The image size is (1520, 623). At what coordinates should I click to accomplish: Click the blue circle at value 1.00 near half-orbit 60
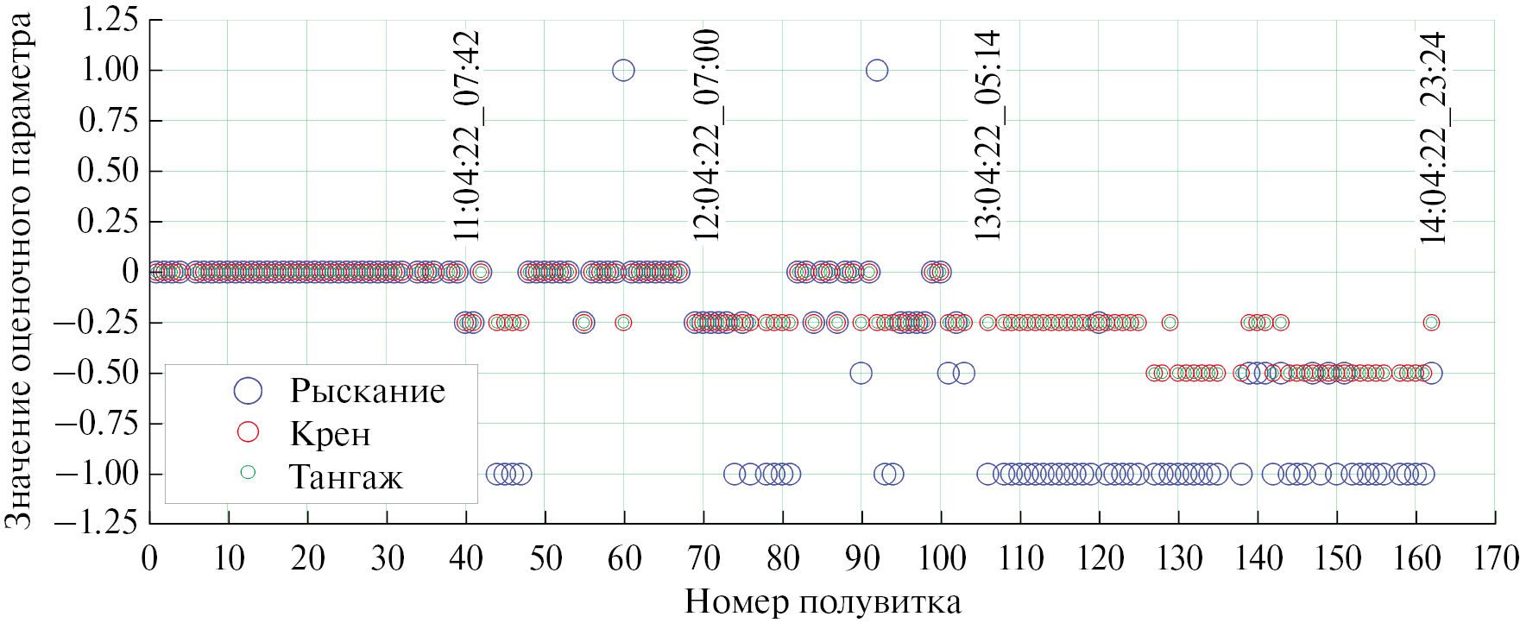(x=623, y=70)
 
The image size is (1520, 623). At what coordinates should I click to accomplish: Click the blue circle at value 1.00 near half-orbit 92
(x=877, y=70)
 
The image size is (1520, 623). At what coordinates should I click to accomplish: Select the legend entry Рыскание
(x=367, y=391)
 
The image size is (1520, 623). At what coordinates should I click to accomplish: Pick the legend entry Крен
(x=330, y=433)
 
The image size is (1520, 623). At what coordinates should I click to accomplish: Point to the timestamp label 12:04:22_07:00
(x=706, y=135)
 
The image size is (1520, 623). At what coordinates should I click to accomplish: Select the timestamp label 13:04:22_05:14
(x=987, y=135)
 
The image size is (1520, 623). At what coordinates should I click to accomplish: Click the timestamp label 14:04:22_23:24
(x=1433, y=138)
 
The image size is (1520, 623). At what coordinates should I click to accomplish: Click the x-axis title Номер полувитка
(x=823, y=601)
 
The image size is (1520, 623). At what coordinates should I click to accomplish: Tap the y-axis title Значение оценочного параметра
(x=19, y=271)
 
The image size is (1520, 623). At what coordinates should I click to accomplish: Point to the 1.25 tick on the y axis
(x=110, y=19)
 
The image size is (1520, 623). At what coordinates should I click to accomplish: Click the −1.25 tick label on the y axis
(x=97, y=522)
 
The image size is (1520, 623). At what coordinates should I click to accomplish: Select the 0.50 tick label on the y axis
(x=110, y=170)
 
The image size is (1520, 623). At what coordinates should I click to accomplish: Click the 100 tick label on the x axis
(x=942, y=559)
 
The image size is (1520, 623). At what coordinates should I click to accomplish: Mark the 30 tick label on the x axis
(x=388, y=559)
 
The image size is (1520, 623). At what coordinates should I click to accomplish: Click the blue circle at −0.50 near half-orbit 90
(x=861, y=373)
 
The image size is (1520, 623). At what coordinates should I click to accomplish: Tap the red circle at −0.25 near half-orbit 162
(x=1431, y=323)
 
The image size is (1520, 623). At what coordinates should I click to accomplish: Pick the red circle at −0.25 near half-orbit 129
(x=1170, y=323)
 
